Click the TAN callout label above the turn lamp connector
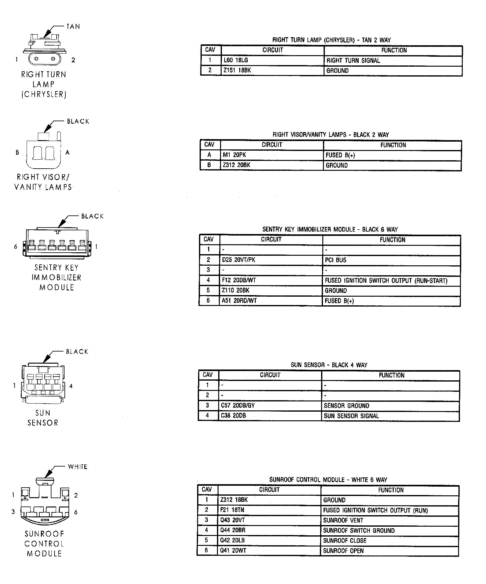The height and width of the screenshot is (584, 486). coord(73,27)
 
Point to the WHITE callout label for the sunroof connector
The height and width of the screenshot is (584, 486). coord(77,467)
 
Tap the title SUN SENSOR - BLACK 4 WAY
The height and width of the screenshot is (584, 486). coord(329,365)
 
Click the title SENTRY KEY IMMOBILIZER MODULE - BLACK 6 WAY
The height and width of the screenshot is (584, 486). coord(330,230)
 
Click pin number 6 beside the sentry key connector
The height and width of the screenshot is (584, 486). coord(15,247)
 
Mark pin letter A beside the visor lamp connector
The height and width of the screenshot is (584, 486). coord(68,153)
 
